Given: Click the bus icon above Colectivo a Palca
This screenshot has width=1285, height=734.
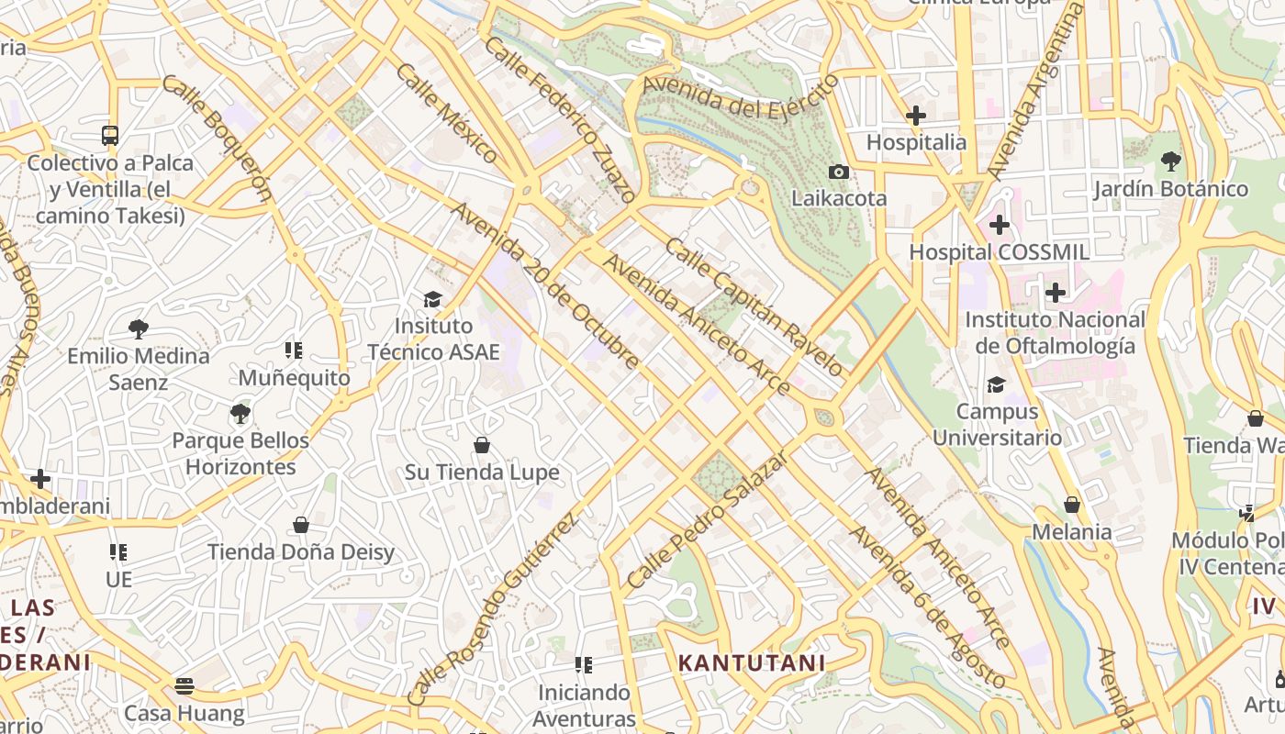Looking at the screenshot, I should (x=110, y=136).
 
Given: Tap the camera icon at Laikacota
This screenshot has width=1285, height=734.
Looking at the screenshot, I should (x=838, y=172).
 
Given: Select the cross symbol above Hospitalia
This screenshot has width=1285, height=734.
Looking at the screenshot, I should (x=915, y=116).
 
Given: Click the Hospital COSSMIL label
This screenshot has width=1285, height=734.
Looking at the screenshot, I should (x=999, y=252).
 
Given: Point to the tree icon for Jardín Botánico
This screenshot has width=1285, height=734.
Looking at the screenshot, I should (x=1170, y=161).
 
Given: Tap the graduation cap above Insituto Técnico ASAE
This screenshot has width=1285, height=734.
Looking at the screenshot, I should (x=432, y=299).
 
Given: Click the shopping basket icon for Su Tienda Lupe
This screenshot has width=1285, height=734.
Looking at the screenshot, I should (x=482, y=445).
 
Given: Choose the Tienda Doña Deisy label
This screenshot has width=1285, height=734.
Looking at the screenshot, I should (x=301, y=552).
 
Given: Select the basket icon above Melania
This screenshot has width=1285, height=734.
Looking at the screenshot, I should (x=1071, y=505).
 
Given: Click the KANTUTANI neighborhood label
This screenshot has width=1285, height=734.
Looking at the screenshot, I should (x=752, y=662).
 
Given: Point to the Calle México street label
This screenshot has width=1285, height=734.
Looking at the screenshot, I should (x=447, y=113).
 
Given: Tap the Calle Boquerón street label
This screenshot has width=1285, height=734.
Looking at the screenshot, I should (x=218, y=138).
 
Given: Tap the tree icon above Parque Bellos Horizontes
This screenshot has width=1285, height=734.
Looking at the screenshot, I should (x=240, y=413).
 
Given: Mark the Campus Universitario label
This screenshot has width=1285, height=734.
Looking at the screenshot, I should (x=997, y=425).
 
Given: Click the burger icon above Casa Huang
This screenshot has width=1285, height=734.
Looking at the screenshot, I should (x=184, y=686).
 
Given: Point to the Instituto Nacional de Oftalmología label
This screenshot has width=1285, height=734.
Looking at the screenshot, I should (x=1055, y=333).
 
